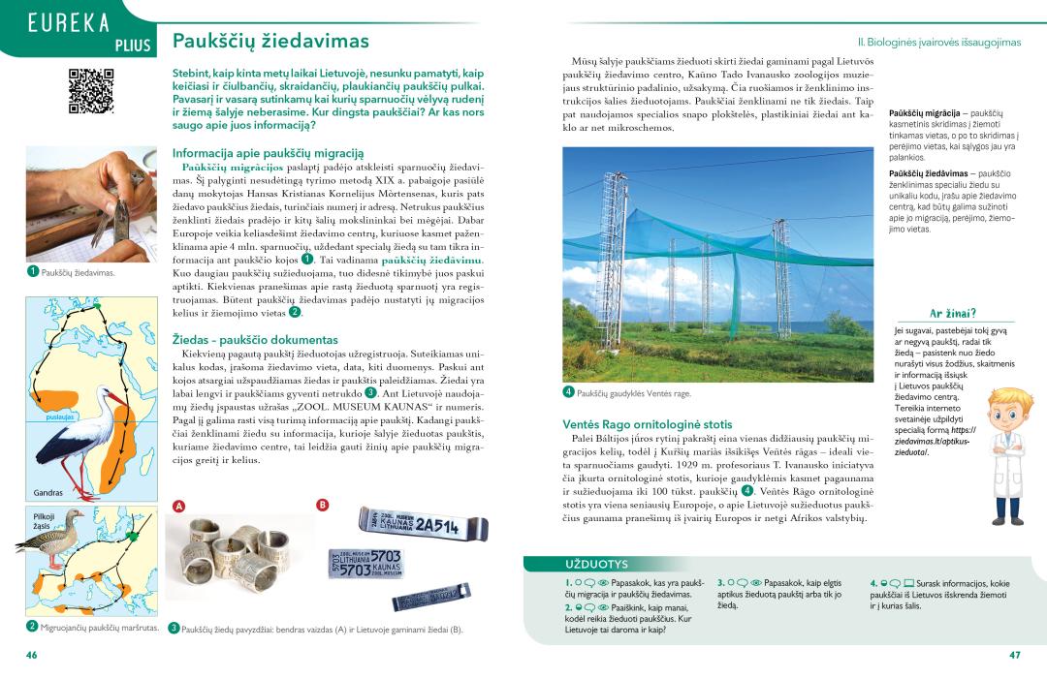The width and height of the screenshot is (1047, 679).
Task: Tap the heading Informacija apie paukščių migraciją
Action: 268,153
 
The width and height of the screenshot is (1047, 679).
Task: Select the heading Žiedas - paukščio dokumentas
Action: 255,340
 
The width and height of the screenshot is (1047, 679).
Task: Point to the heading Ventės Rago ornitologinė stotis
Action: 647,424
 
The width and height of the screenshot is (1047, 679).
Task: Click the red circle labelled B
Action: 323,504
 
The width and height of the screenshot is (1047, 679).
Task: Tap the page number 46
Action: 31,655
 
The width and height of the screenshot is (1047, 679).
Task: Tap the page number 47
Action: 1014,655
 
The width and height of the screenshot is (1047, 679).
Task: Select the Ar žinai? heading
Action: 952,313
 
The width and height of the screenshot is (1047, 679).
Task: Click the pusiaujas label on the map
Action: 60,417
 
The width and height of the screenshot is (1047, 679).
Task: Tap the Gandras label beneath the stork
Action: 48,493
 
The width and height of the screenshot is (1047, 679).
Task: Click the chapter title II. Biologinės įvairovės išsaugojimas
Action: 938,43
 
